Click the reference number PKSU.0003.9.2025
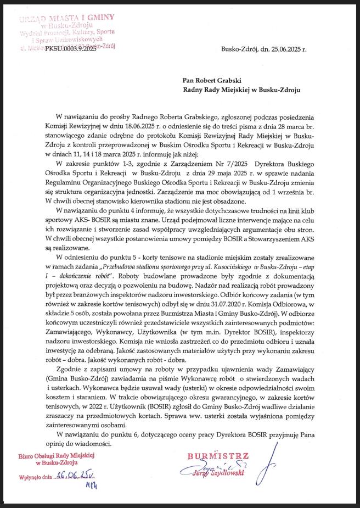[x=71, y=49]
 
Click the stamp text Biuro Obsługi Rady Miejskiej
[x=57, y=456]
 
